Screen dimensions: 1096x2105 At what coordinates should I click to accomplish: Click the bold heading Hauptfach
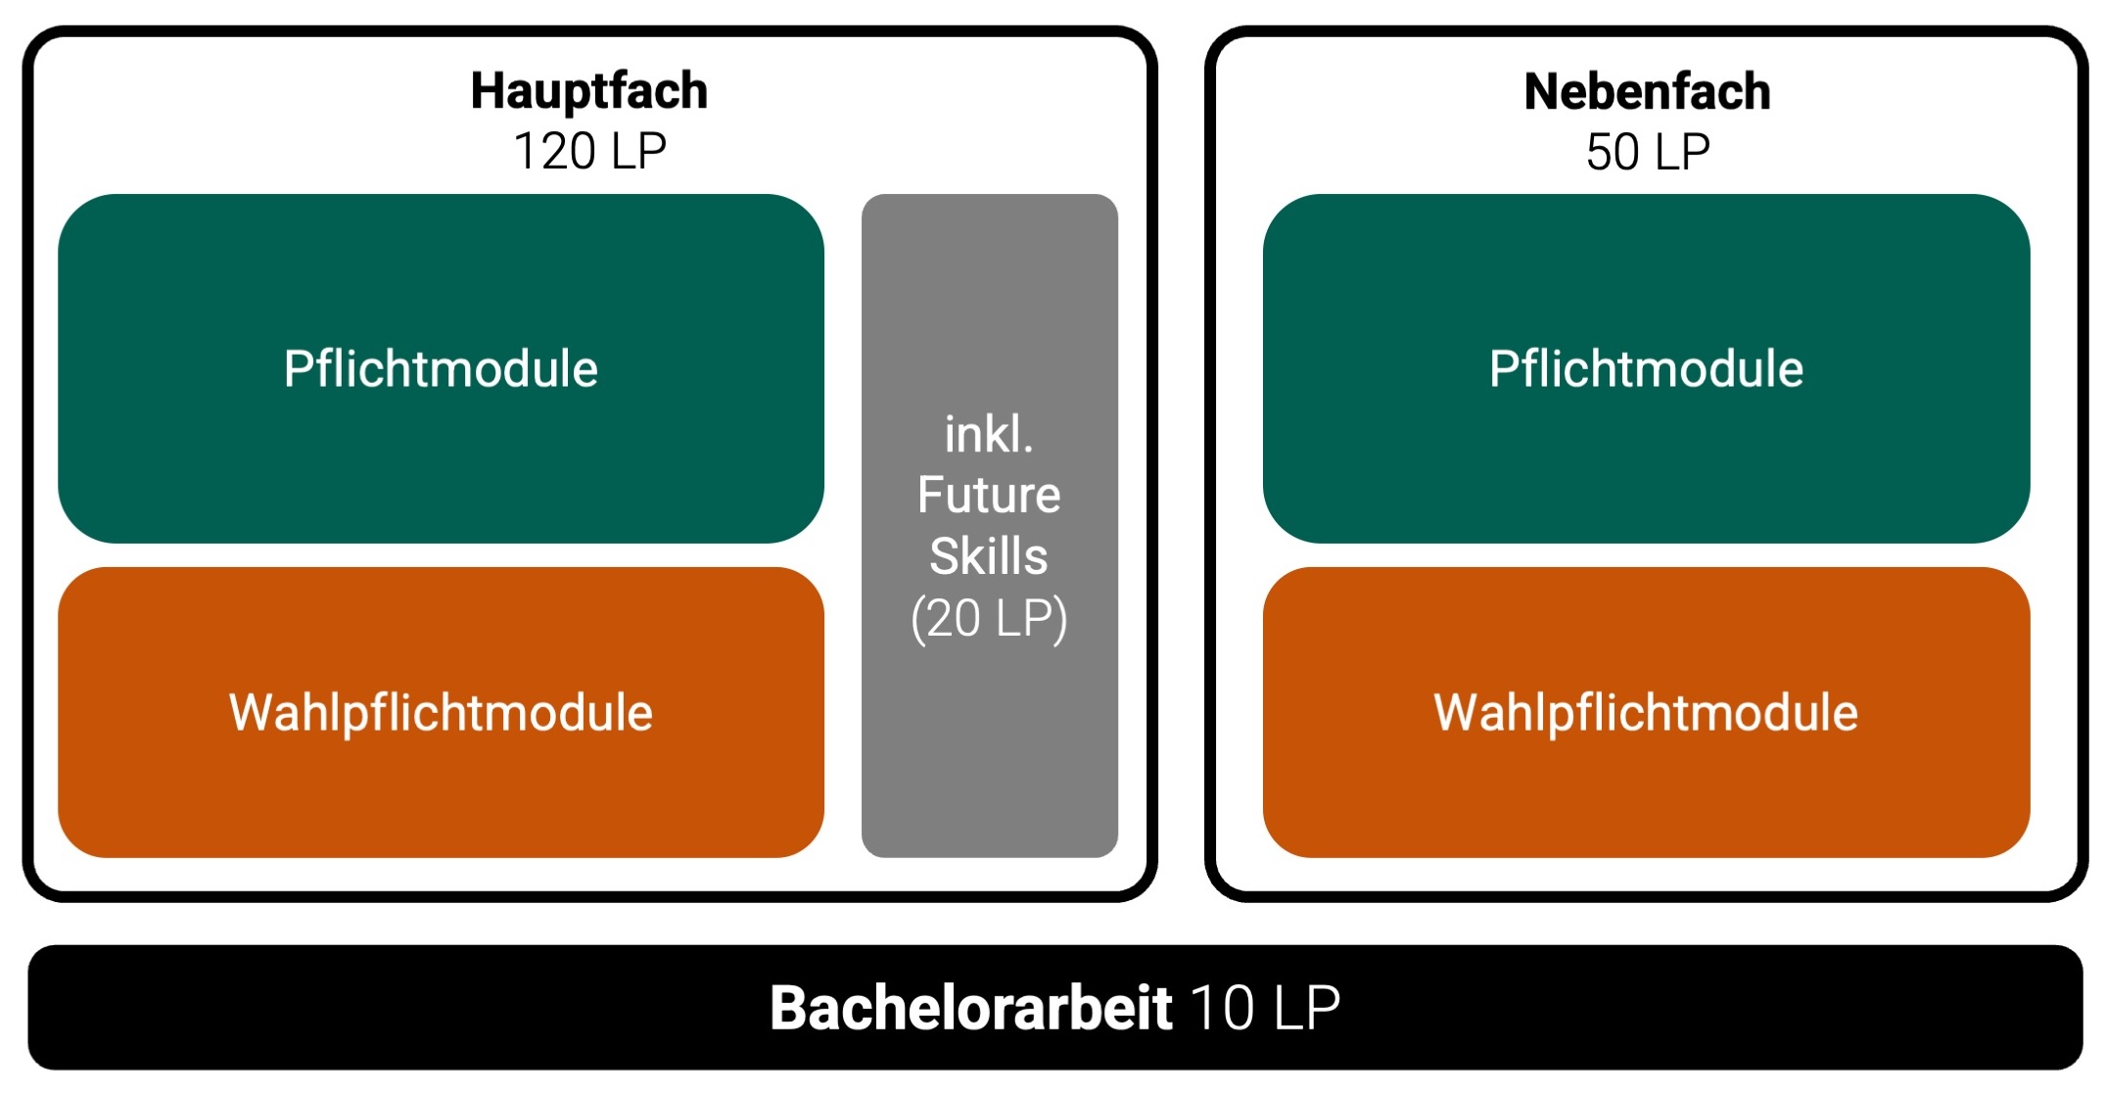588,91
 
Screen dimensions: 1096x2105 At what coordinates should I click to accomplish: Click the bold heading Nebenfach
1647,91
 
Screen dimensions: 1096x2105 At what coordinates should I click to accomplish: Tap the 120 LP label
589,152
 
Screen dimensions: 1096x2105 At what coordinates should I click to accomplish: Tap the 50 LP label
1648,152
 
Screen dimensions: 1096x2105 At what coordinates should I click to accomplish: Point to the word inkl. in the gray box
989,434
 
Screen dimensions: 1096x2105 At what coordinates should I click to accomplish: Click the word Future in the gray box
989,495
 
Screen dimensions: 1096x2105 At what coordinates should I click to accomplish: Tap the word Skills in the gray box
989,556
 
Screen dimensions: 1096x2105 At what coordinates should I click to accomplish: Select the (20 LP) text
989,618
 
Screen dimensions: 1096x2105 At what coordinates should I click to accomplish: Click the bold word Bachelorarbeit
970,1008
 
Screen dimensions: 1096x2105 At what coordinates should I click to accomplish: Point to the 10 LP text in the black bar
1265,1008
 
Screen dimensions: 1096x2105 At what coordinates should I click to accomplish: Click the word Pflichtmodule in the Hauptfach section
441,369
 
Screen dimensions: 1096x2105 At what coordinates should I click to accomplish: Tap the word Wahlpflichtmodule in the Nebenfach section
1646,712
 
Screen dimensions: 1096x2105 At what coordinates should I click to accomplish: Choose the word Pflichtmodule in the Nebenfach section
1646,369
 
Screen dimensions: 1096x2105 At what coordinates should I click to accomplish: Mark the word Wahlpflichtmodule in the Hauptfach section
441,712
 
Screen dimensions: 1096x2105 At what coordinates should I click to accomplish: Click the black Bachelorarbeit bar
392,1008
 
